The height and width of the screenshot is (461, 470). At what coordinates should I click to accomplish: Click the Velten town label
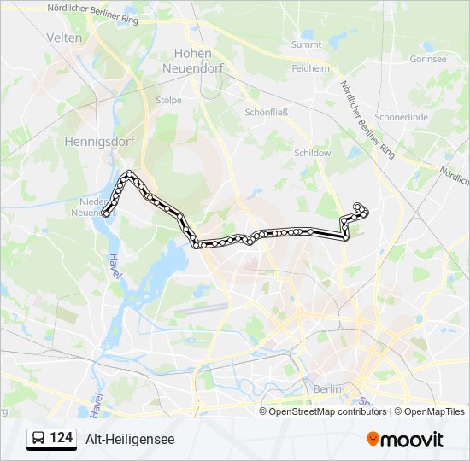tap(66, 38)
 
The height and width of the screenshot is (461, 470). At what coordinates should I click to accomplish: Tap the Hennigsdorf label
tap(96, 143)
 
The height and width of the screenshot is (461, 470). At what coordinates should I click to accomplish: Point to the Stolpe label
tap(168, 100)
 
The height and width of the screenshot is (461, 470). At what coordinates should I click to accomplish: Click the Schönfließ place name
tap(266, 112)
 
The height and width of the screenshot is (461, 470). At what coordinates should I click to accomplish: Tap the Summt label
tap(305, 44)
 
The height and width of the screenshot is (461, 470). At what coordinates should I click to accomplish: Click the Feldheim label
tap(310, 67)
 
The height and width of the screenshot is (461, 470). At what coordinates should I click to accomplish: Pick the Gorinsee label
tap(427, 59)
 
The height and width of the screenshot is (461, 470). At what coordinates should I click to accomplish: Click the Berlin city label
tap(327, 388)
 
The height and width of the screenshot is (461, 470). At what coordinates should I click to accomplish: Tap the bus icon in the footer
tap(38, 439)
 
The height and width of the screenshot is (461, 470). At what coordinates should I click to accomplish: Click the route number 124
tap(62, 438)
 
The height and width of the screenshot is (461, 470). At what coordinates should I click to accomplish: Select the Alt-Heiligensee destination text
tap(130, 439)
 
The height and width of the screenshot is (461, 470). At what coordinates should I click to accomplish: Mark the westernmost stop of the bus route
tap(106, 213)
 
